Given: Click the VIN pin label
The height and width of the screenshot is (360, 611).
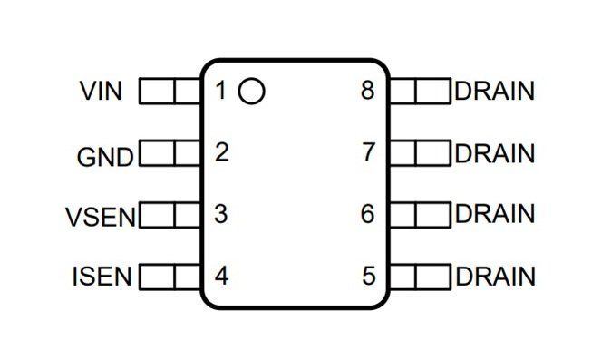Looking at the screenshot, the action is (101, 91).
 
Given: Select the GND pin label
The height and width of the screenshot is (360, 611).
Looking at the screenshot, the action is (105, 158).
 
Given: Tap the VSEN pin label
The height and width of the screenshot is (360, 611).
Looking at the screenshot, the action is (101, 217).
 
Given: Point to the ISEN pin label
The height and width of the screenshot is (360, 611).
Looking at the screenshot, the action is (102, 277).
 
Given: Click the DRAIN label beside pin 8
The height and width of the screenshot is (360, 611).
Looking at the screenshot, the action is (494, 91).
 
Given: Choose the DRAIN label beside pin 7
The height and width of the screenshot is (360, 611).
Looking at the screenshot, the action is (494, 153).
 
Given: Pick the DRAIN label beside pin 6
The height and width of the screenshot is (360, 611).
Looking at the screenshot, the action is (494, 214).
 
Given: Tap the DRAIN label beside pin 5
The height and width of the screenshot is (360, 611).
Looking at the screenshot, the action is (495, 277).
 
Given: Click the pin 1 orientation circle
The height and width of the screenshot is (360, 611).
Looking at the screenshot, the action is (251, 79).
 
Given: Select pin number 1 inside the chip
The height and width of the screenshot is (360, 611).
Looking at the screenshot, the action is (220, 90).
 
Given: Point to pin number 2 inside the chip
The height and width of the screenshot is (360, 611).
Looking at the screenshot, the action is (222, 152).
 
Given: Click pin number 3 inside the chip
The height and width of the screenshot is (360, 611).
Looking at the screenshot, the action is (221, 214).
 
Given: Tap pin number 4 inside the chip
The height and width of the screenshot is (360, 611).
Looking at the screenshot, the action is (221, 276).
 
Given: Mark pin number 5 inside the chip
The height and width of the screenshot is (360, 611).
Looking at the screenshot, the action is (369, 276).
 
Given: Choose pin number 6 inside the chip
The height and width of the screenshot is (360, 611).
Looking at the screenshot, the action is (368, 214).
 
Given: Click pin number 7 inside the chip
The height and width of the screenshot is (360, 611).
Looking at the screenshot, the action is (369, 152).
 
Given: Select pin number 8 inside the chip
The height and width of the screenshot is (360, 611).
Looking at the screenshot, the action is (368, 90).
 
